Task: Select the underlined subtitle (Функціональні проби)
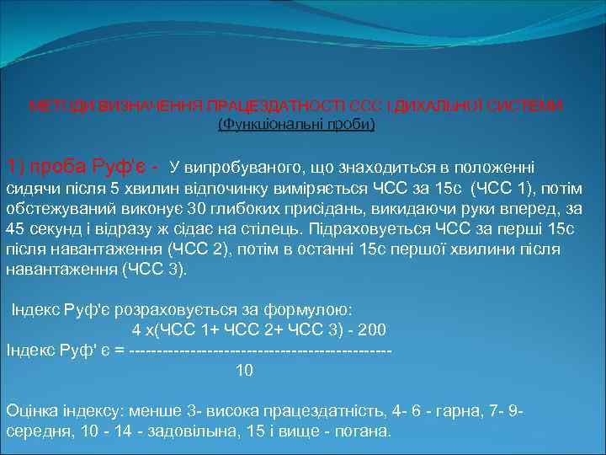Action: pos(296,125)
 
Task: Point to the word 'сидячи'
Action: pos(30,187)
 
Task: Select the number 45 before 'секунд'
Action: pos(15,229)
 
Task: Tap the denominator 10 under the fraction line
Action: pos(243,370)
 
